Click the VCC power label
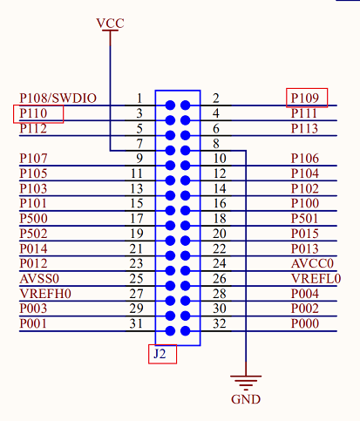(x=110, y=24)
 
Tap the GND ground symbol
(x=246, y=383)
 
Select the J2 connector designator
(x=160, y=354)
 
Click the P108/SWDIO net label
(x=58, y=98)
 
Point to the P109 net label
(x=305, y=98)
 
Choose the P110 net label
(x=33, y=113)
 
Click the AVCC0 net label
(x=312, y=263)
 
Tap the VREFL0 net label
(x=316, y=279)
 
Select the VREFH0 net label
(x=45, y=294)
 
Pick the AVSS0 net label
(x=39, y=279)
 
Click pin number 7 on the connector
(x=139, y=144)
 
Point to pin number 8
(x=216, y=144)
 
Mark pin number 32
(x=220, y=323)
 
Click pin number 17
(x=137, y=219)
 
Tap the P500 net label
(x=33, y=219)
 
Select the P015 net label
(x=305, y=234)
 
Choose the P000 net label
(x=305, y=323)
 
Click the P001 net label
(x=33, y=323)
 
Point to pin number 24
(x=220, y=263)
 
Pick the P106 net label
(x=305, y=159)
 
